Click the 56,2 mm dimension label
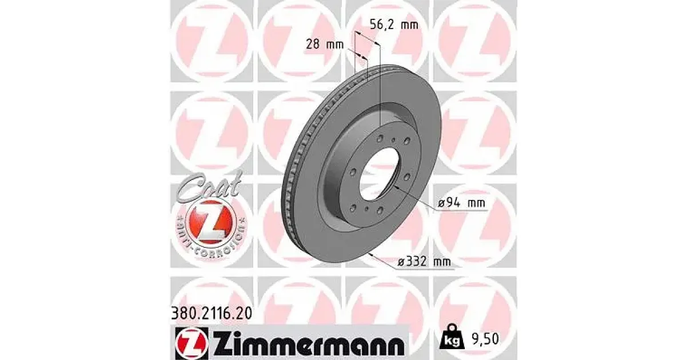tap(394, 24)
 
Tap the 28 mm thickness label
tap(325, 45)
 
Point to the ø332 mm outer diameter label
tap(424, 262)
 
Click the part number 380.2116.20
tap(212, 313)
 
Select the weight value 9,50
tap(485, 339)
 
